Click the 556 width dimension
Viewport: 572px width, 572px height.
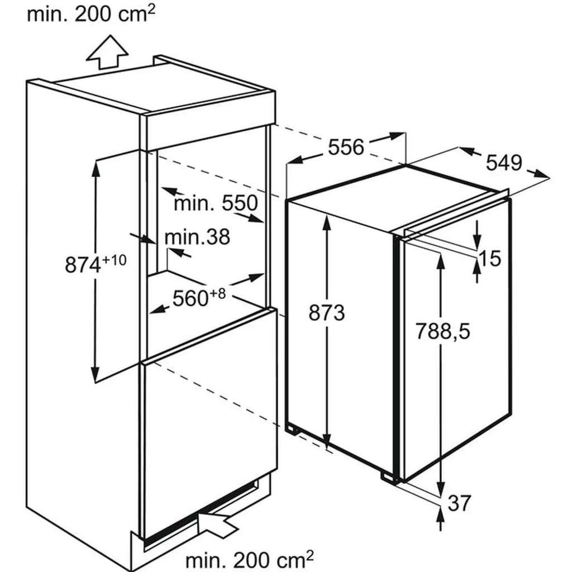pos(346,147)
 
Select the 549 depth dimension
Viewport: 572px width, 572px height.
pos(504,163)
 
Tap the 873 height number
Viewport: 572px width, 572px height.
pos(326,313)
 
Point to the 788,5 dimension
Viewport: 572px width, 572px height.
pos(443,332)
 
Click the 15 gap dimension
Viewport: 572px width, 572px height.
pos(490,259)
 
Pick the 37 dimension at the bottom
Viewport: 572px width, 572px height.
pos(459,503)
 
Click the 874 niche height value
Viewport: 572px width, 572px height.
pos(83,265)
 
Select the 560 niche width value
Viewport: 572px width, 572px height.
pos(190,298)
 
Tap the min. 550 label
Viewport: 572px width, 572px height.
pos(216,203)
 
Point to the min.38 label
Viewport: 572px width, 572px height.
pos(197,237)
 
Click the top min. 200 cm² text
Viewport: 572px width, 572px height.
pos(91,14)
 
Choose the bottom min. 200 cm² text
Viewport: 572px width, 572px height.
pos(250,559)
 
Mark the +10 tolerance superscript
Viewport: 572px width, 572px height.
pos(115,260)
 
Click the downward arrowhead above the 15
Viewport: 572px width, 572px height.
pos(477,240)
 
